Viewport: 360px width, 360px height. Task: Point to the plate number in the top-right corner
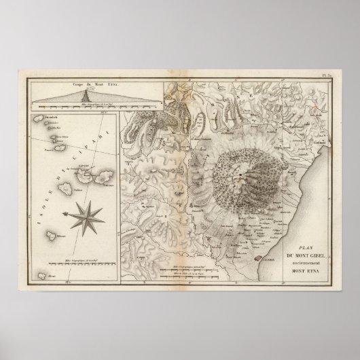pos(324,76)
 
